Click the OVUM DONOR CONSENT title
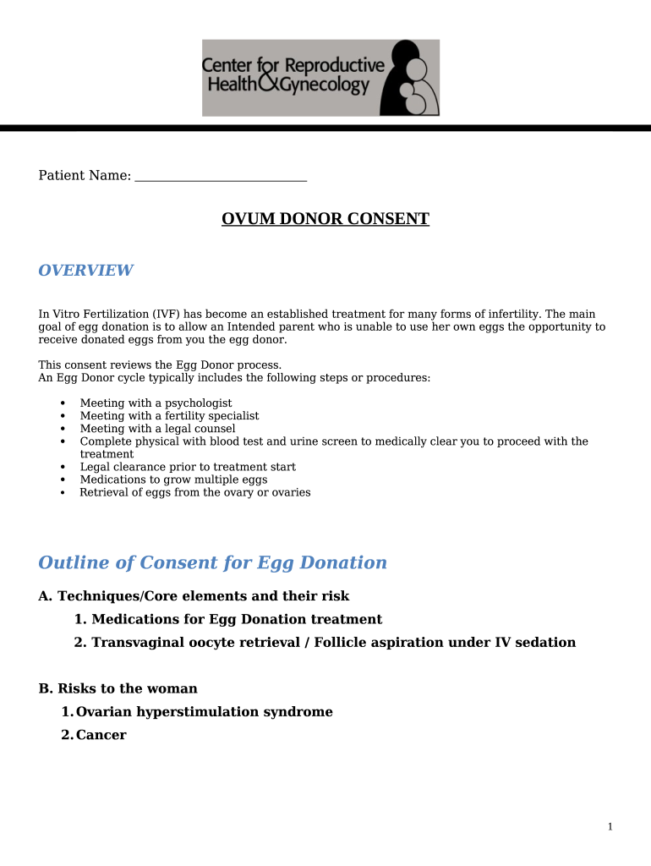coord(325,219)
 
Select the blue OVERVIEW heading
coord(85,271)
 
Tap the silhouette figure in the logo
coord(409,78)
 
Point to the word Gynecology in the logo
coord(325,86)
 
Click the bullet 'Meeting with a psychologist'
coord(156,403)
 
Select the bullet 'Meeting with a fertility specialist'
coord(169,416)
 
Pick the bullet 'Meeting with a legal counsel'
coord(157,429)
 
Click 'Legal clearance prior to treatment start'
coord(188,467)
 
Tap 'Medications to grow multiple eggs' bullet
coord(173,480)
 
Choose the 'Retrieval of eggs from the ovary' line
coord(194,492)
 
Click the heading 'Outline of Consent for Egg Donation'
coord(212,563)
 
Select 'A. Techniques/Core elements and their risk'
coord(194,596)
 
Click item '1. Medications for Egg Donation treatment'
coord(228,620)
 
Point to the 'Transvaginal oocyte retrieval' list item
coord(325,643)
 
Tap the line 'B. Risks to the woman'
coord(118,689)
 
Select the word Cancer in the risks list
coord(101,736)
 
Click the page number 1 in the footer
coord(610,827)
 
